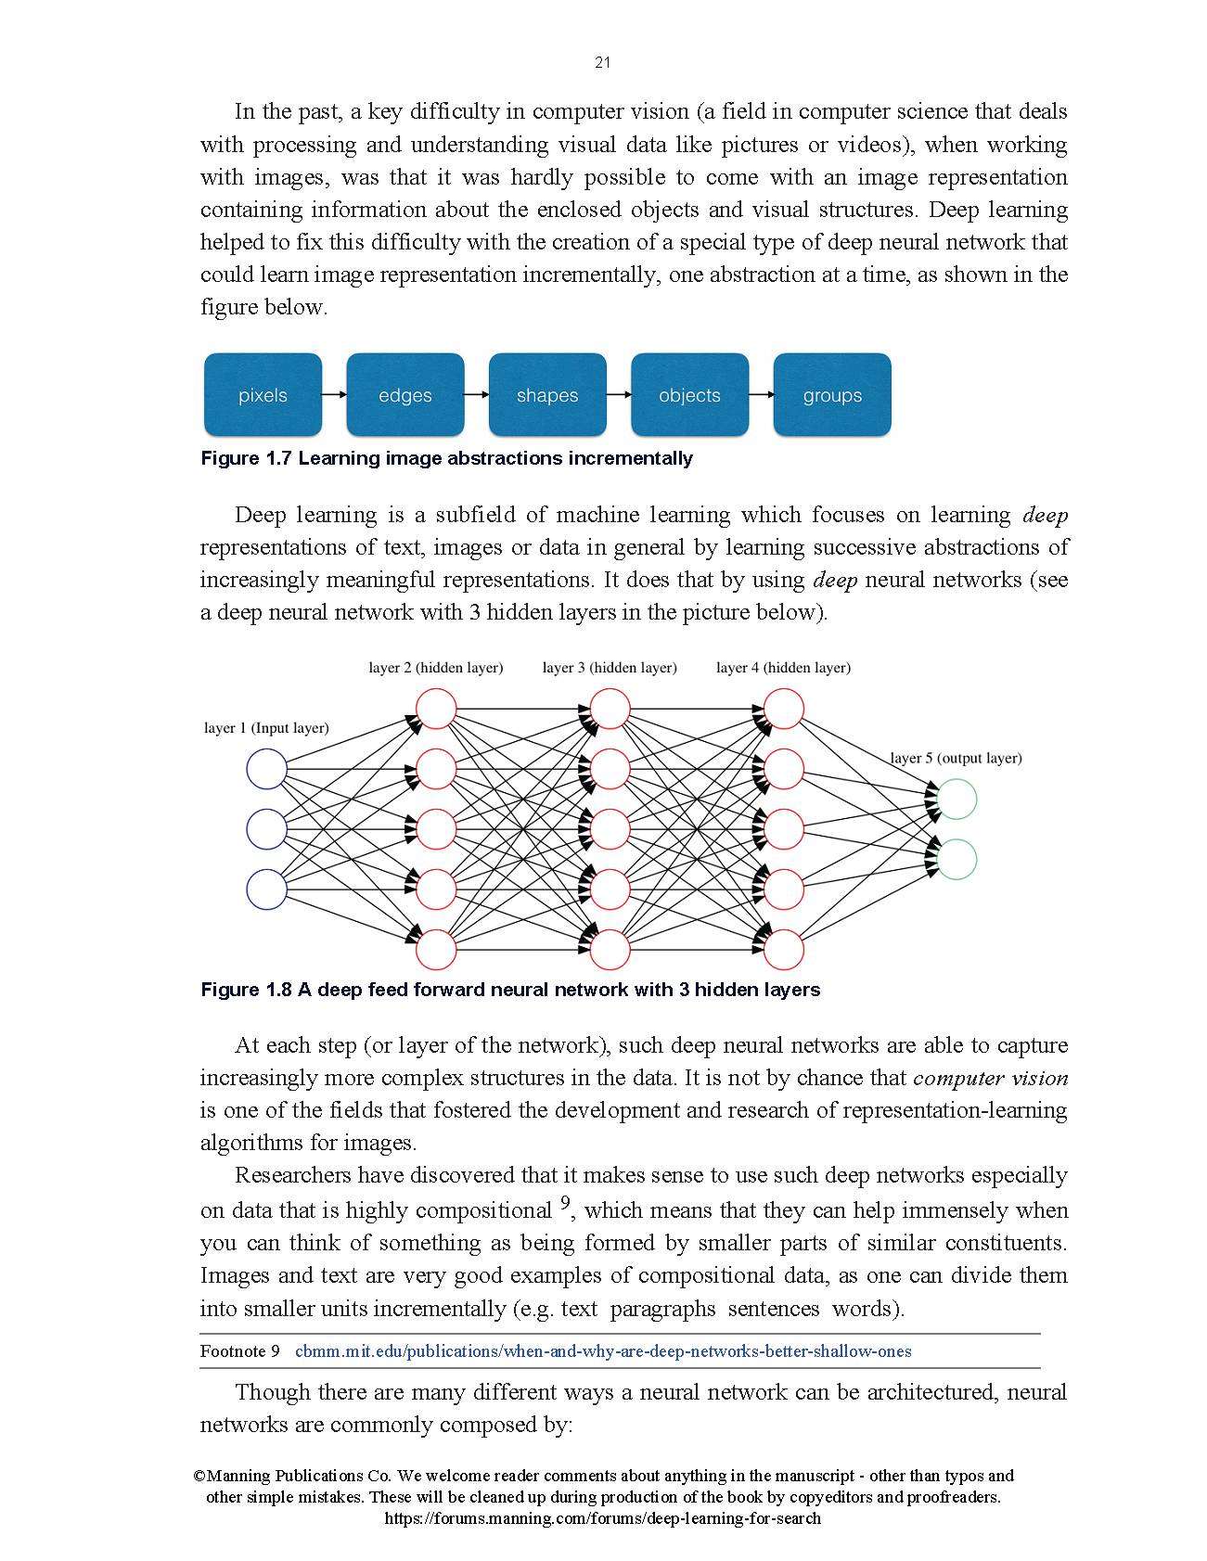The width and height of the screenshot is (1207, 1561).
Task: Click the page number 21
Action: (x=602, y=63)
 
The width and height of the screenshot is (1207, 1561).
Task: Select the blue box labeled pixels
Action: (x=263, y=395)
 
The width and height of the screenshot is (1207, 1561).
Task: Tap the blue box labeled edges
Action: (x=405, y=395)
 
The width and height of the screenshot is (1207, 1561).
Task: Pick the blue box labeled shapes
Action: (x=547, y=395)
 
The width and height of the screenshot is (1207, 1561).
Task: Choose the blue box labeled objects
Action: (x=689, y=395)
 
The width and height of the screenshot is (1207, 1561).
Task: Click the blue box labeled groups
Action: (x=832, y=395)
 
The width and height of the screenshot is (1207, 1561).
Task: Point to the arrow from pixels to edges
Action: (x=334, y=395)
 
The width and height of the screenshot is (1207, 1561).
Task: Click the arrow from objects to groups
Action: (x=761, y=395)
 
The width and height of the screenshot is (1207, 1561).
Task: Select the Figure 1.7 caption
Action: (x=446, y=458)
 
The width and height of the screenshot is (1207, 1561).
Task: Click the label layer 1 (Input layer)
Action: (x=266, y=728)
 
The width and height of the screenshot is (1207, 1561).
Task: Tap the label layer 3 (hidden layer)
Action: (x=610, y=668)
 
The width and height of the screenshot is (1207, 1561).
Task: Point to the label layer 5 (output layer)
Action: (x=957, y=758)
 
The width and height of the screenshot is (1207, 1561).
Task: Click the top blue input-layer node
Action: (x=266, y=770)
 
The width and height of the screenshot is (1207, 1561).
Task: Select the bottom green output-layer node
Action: (x=957, y=860)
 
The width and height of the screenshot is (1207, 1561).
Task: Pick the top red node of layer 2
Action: (x=436, y=710)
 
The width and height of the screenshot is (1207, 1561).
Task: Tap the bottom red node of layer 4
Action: (x=783, y=949)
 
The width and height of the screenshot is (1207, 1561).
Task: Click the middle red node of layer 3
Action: (x=610, y=829)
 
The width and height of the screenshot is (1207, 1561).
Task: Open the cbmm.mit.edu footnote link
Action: (x=603, y=1351)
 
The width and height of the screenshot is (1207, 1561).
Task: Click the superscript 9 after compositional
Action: (x=565, y=1205)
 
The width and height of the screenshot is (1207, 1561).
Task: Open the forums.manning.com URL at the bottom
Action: (x=602, y=1518)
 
